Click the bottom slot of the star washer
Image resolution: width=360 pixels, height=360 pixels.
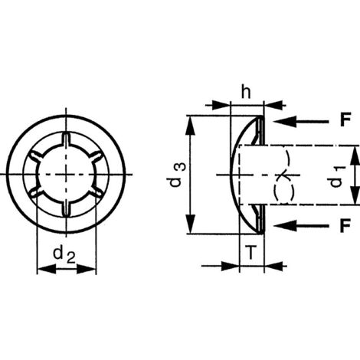pyautogui.click(x=67, y=210)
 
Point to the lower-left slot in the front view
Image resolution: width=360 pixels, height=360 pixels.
pyautogui.click(x=38, y=193)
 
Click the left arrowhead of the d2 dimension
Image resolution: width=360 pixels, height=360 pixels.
pyautogui.click(x=41, y=269)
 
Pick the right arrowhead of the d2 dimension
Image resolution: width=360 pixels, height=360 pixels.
pyautogui.click(x=92, y=269)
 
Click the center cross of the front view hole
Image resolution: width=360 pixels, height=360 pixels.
pyautogui.click(x=67, y=176)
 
